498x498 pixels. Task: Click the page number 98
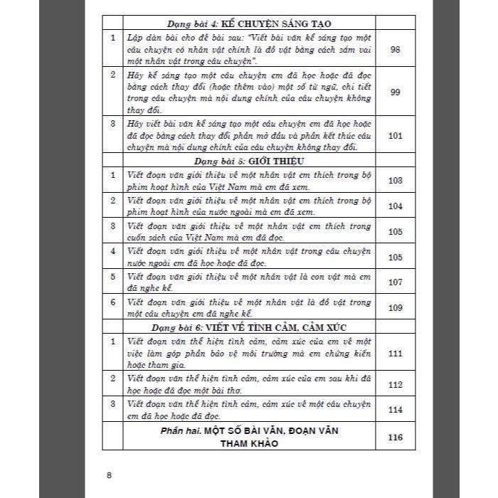(396, 48)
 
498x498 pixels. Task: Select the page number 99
(396, 92)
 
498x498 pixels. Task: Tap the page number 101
(396, 135)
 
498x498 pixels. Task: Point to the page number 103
(396, 180)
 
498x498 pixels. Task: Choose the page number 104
(396, 206)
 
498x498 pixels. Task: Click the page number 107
(396, 282)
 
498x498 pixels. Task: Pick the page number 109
(396, 307)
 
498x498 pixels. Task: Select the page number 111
(396, 353)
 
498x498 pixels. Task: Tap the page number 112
(396, 384)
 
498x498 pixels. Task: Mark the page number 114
(396, 409)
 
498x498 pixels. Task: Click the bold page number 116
(396, 437)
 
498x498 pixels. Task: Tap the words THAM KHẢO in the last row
(248, 443)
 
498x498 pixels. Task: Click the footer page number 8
(109, 475)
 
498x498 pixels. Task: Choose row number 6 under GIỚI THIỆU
(112, 302)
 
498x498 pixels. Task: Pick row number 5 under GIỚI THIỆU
(112, 276)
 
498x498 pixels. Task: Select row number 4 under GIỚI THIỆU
(112, 250)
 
